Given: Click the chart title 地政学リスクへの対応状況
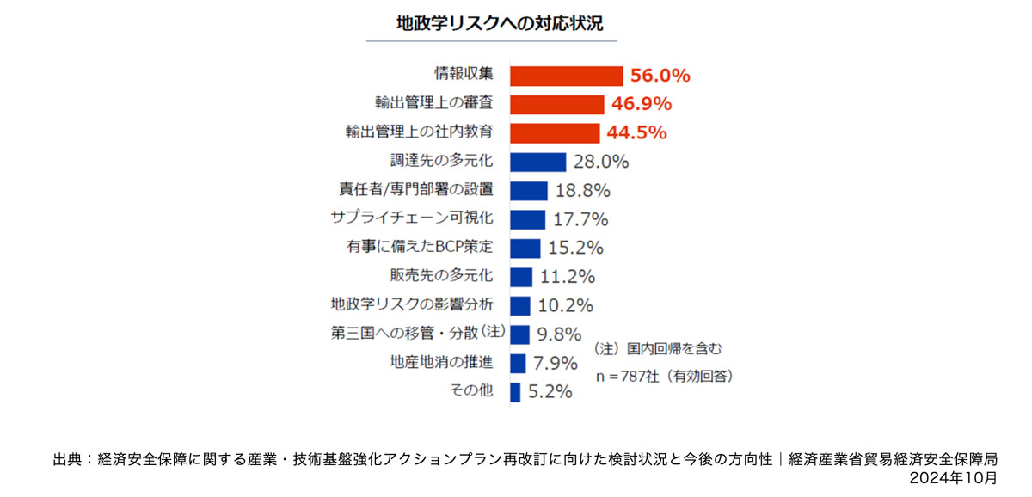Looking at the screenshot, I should pos(492,22).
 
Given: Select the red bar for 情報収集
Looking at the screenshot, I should pos(566,76).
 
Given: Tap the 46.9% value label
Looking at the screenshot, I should pos(642,104).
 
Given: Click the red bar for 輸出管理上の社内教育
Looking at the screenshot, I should pos(555,133).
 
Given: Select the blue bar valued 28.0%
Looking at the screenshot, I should pos(537,162).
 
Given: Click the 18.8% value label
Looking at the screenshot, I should pos(583,190).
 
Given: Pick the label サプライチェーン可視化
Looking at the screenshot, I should pos(411,218).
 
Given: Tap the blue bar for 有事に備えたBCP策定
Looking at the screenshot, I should pos(525,248).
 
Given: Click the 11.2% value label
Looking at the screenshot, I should pos(568,277).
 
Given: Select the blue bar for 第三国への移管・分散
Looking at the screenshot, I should pos(519,334).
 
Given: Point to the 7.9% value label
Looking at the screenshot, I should pos(555,363).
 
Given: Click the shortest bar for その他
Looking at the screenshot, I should pos(515,392).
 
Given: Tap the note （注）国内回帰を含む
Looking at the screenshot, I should pos(653,349).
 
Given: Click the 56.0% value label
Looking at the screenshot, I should pos(660,76).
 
